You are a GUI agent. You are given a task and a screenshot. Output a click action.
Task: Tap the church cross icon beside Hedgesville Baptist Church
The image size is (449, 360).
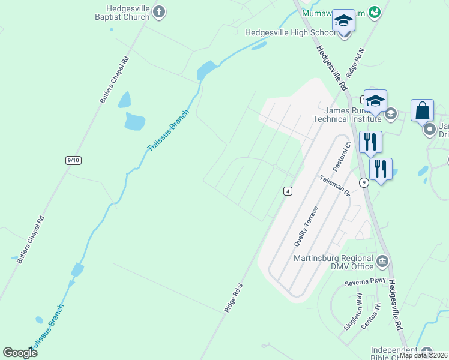[158, 11]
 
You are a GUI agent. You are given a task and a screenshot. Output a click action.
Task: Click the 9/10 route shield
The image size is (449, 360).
[74, 160]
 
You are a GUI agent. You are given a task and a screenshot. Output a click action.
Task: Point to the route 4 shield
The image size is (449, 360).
[288, 191]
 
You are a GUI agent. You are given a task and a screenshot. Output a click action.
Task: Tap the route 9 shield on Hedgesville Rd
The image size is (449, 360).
[364, 181]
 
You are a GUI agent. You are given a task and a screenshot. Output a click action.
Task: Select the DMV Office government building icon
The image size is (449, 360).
[383, 261]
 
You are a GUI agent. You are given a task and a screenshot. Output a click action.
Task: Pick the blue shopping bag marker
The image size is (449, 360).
[423, 110]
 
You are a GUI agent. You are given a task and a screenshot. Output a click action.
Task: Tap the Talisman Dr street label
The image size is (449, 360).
[335, 186]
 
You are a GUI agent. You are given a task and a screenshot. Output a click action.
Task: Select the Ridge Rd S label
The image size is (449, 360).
[233, 298]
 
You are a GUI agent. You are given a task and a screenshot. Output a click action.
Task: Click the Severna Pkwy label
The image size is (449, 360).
[364, 282]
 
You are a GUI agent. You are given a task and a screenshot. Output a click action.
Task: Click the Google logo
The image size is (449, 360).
[20, 352]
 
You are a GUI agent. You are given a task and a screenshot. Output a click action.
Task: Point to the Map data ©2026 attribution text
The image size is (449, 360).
[423, 355]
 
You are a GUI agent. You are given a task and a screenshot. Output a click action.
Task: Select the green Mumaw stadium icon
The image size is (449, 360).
[375, 11]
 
